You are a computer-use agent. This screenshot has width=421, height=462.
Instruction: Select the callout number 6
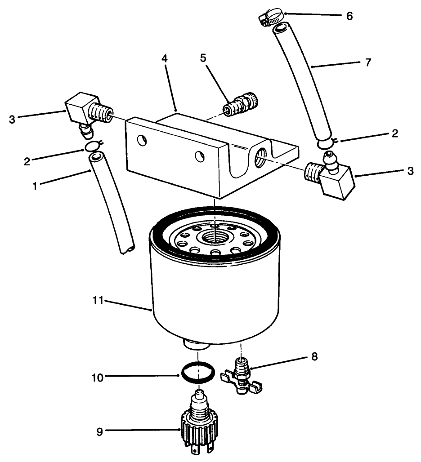click(349, 16)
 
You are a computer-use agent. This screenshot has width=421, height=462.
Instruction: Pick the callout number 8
click(314, 357)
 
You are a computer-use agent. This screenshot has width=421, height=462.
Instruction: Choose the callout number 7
click(368, 62)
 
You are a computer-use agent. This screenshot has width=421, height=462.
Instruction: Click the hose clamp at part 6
click(271, 18)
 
